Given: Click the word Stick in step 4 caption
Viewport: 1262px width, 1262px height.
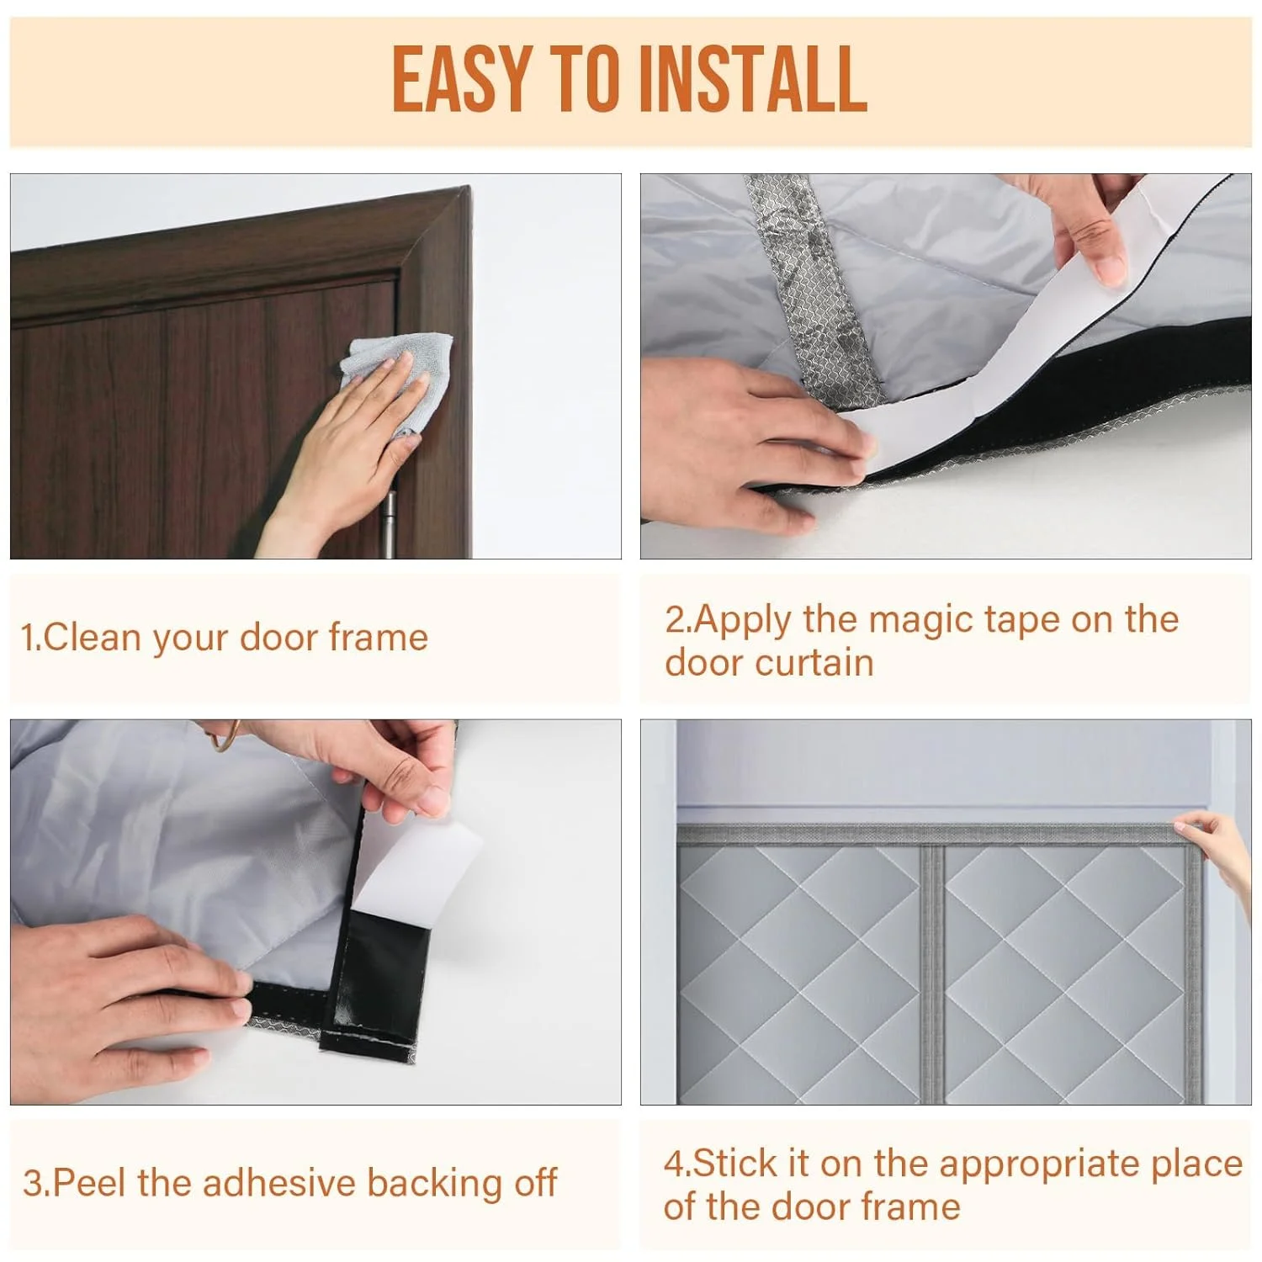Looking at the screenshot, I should (x=734, y=1164).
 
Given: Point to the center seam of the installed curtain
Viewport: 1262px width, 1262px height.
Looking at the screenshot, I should (x=932, y=968).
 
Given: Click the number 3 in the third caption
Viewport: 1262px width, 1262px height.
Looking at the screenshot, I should (x=33, y=1184).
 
